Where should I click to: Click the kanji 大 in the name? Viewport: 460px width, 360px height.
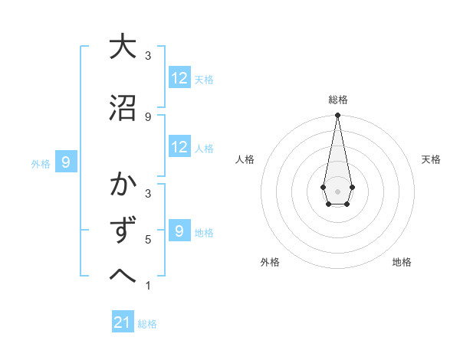click(x=123, y=47)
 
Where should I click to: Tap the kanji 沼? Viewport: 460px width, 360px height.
click(x=123, y=107)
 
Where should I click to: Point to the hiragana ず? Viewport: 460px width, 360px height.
click(x=123, y=231)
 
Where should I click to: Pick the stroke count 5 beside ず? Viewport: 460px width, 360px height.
click(x=148, y=240)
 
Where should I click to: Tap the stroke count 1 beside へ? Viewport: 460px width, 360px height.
click(x=148, y=286)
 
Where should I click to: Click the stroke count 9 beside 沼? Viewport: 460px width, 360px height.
click(x=148, y=116)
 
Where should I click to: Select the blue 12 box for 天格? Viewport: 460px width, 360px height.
click(x=179, y=77)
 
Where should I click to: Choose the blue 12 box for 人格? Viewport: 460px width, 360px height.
click(x=179, y=147)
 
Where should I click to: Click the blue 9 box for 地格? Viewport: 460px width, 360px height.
click(x=179, y=231)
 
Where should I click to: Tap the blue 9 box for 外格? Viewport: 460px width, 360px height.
click(x=67, y=162)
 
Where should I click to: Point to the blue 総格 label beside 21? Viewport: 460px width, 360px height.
click(x=148, y=324)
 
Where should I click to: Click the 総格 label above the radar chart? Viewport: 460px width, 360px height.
click(x=337, y=100)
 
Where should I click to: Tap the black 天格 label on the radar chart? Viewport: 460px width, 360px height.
click(x=431, y=159)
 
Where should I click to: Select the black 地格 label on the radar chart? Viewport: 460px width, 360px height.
click(x=402, y=262)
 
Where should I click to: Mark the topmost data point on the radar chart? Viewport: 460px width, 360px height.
click(x=337, y=116)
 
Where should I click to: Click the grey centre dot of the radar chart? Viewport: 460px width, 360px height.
click(x=337, y=190)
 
